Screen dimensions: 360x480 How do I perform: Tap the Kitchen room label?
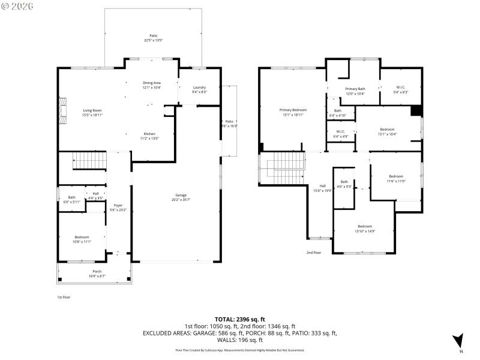(x=149, y=133)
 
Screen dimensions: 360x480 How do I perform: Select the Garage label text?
(x=181, y=195)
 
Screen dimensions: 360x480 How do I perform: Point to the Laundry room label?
(x=199, y=88)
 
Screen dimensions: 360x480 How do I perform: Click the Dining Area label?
(x=151, y=83)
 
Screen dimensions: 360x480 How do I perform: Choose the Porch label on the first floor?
(x=97, y=271)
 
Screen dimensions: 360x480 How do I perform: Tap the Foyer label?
(x=118, y=205)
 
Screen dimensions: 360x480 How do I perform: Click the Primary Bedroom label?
(x=293, y=110)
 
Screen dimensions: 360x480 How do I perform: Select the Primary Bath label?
(x=355, y=89)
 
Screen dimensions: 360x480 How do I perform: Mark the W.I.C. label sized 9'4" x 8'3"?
(x=400, y=88)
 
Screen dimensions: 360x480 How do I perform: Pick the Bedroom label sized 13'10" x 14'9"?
(x=364, y=226)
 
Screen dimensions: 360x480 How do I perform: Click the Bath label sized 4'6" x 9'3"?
(x=344, y=182)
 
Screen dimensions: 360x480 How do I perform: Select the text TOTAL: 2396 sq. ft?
(x=239, y=319)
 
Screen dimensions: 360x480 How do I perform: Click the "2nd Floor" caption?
(x=314, y=253)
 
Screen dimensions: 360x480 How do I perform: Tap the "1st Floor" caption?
(x=64, y=297)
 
